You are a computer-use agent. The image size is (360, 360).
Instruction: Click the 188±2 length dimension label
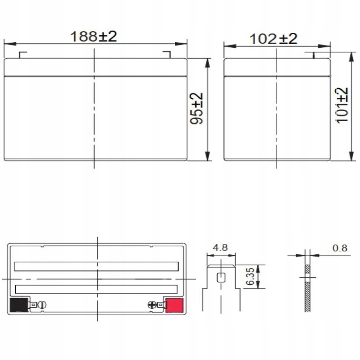[94, 36]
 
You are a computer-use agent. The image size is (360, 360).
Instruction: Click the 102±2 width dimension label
[273, 39]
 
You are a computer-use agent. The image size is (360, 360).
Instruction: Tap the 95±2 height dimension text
[196, 108]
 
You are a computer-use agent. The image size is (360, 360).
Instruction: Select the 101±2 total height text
[342, 106]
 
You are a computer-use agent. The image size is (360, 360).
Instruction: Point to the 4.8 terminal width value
[220, 248]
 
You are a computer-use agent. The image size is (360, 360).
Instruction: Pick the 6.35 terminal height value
[250, 276]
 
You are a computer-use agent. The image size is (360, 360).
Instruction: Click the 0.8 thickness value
[340, 248]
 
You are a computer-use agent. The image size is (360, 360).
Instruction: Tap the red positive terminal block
[174, 305]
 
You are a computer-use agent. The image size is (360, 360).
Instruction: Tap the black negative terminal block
[19, 305]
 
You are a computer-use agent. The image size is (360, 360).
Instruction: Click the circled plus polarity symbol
[151, 305]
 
